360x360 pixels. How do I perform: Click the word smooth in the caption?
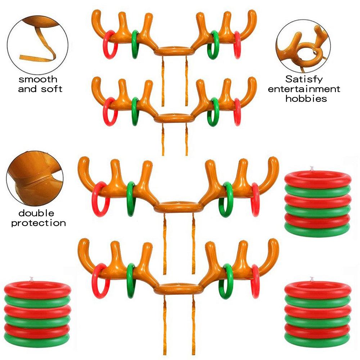click(x=38, y=79)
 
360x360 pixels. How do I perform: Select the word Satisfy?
click(x=304, y=79)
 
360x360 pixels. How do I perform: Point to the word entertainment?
click(x=304, y=89)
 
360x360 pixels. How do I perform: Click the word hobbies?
click(x=306, y=98)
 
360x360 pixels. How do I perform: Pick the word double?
click(x=36, y=213)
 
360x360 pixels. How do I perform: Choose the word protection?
click(x=38, y=223)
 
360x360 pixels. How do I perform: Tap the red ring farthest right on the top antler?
click(x=237, y=45)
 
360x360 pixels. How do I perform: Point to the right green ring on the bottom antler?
click(x=228, y=281)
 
